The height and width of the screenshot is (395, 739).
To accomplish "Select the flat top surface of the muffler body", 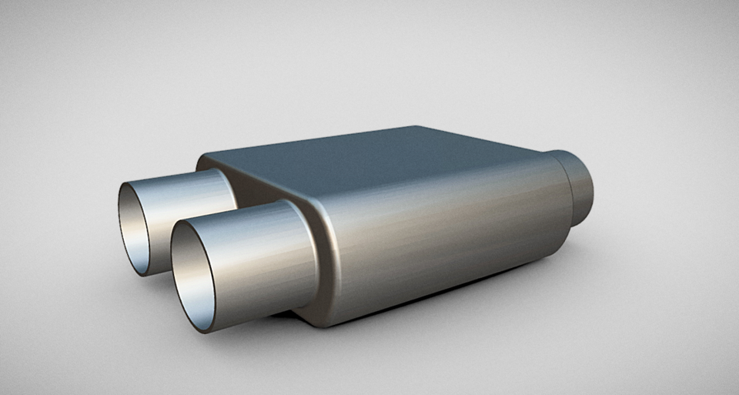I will tap(385, 162).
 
